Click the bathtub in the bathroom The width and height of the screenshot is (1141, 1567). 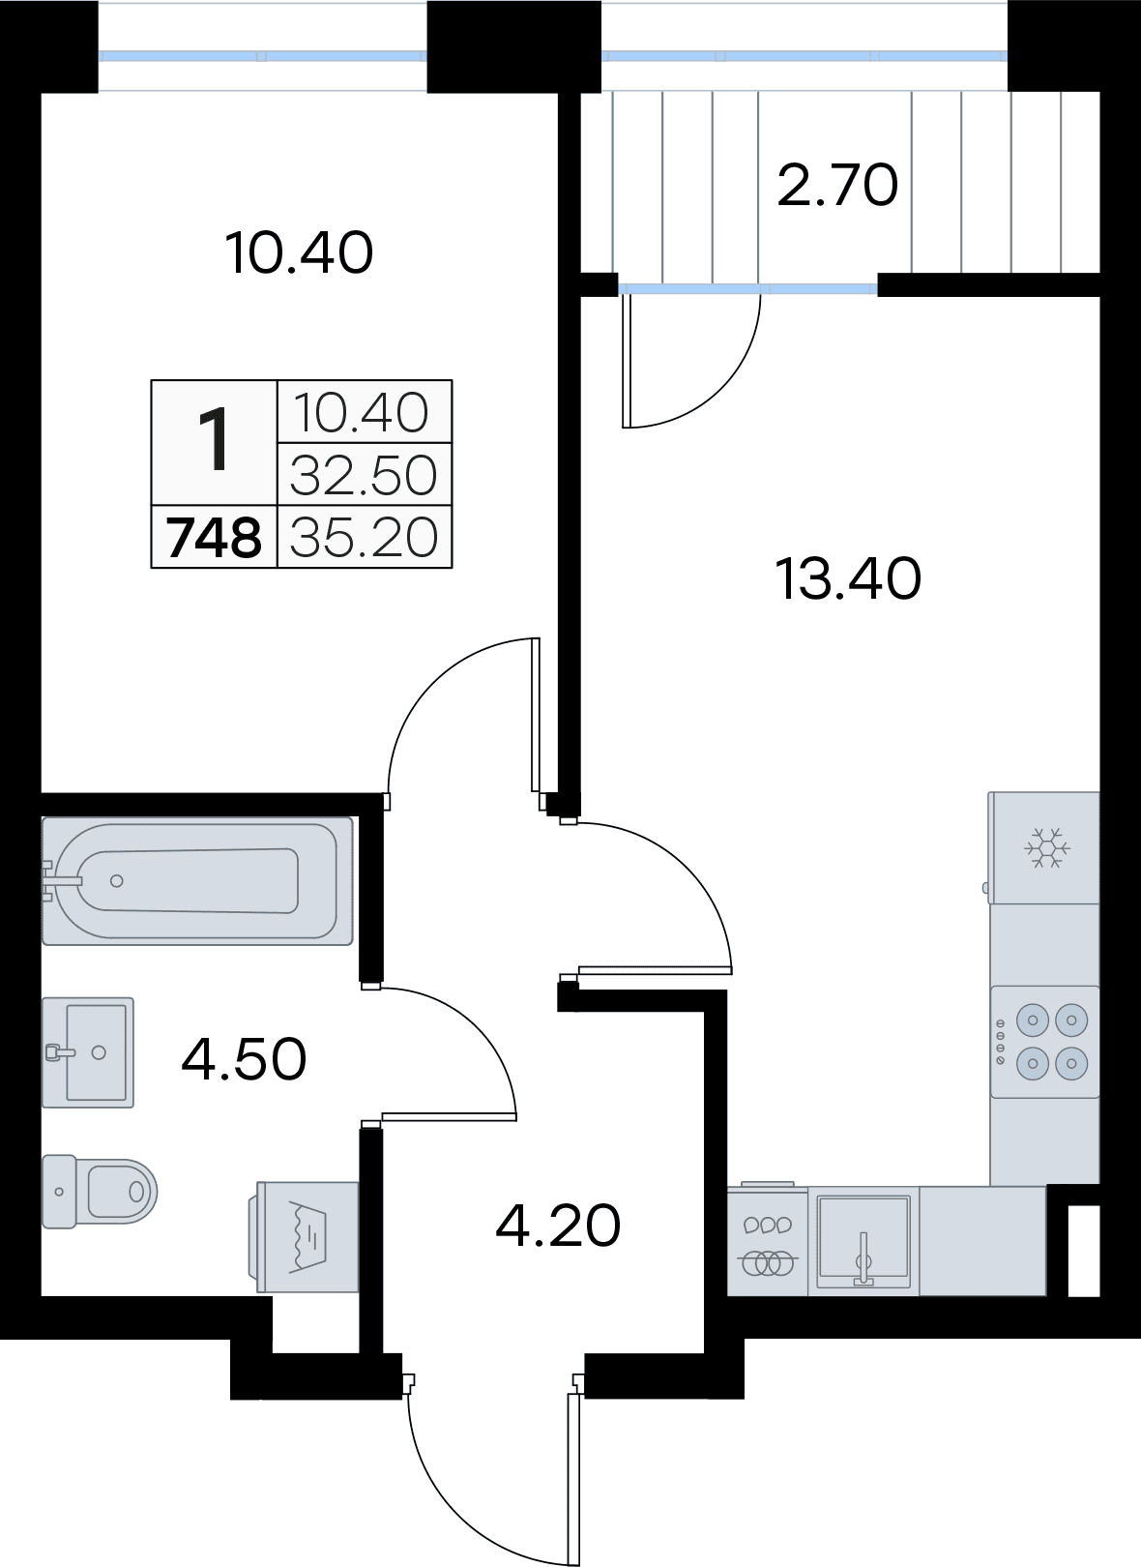197,881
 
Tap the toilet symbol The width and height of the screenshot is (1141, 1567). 100,1192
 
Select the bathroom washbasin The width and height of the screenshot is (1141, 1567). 87,1052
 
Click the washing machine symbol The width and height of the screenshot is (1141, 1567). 304,1237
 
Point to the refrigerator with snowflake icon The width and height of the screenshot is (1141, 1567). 1043,848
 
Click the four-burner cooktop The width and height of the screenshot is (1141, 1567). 1044,1042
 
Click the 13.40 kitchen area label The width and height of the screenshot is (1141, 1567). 848,578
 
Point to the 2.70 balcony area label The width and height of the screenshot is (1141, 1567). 837,186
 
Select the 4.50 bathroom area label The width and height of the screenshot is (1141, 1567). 244,1059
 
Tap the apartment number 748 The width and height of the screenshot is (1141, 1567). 214,537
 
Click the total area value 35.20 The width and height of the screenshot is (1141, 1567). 365,537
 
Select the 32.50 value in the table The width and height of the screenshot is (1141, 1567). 365,474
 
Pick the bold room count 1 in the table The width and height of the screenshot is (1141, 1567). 214,441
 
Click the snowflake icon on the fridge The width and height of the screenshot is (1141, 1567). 1047,848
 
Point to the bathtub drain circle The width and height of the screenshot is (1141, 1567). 117,881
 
